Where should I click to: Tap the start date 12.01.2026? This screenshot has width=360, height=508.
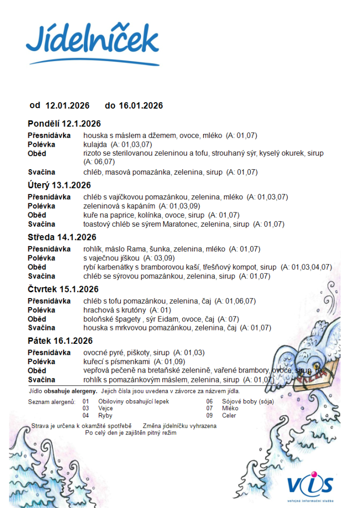point(68,106)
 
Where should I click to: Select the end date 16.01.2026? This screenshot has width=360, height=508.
point(141,106)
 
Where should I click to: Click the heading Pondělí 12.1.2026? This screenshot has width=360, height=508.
point(64,124)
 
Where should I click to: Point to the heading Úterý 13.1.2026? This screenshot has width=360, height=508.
point(59,186)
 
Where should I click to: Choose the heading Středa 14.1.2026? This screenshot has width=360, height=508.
point(62,238)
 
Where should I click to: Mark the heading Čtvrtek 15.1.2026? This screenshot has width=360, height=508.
point(63,289)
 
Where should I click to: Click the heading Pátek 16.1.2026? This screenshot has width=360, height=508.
point(60,341)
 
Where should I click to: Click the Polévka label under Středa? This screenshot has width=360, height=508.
point(41,258)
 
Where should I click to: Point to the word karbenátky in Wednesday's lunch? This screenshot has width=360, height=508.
point(115,267)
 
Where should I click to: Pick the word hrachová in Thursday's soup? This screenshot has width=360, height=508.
point(97,310)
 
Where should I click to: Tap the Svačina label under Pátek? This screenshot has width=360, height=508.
point(41,380)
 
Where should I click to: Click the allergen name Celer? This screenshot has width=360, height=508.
point(230,415)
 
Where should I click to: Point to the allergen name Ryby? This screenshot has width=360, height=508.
point(105,415)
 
